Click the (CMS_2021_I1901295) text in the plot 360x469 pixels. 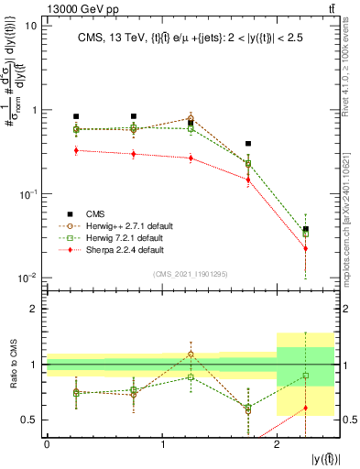pyautogui.click(x=191, y=273)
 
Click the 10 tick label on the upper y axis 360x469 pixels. pyautogui.click(x=31, y=26)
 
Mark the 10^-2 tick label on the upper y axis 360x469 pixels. pyautogui.click(x=27, y=278)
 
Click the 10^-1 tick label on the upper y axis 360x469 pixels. pyautogui.click(x=27, y=194)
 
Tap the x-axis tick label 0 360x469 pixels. pyautogui.click(x=47, y=444)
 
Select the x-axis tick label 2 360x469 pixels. pyautogui.click(x=277, y=444)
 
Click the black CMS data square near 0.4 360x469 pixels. pyautogui.click(x=248, y=144)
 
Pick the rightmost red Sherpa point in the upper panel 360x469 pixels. pyautogui.click(x=306, y=248)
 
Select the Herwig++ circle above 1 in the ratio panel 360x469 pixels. pyautogui.click(x=191, y=354)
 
